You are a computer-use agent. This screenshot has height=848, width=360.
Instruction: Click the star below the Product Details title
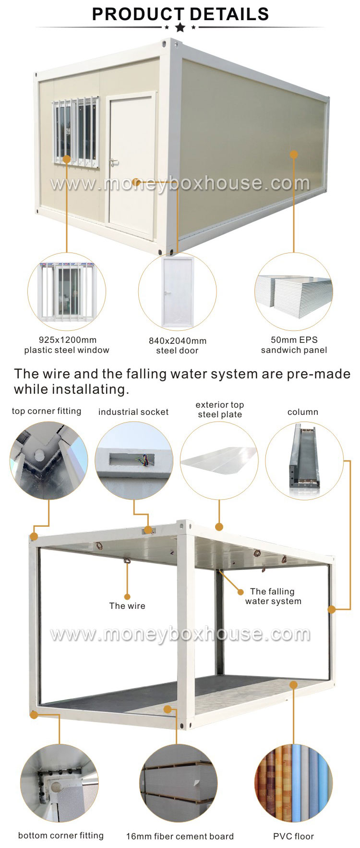tap(180, 27)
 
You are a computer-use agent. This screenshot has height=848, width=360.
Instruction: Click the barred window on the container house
tap(76, 130)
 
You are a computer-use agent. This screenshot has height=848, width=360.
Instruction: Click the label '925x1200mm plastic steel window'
tap(67, 345)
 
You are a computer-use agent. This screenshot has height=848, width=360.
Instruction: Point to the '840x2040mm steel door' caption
tap(177, 346)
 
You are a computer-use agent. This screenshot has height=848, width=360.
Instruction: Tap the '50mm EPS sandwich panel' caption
tap(294, 345)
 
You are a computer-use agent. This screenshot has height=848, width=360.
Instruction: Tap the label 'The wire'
tap(127, 606)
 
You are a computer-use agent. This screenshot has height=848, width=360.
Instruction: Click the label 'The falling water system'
tap(273, 596)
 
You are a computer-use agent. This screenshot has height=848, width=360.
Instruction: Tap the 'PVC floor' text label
tap(293, 836)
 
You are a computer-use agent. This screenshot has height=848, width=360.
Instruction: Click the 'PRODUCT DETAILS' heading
tap(180, 14)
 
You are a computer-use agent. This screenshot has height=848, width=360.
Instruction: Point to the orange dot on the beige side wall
tap(294, 155)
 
